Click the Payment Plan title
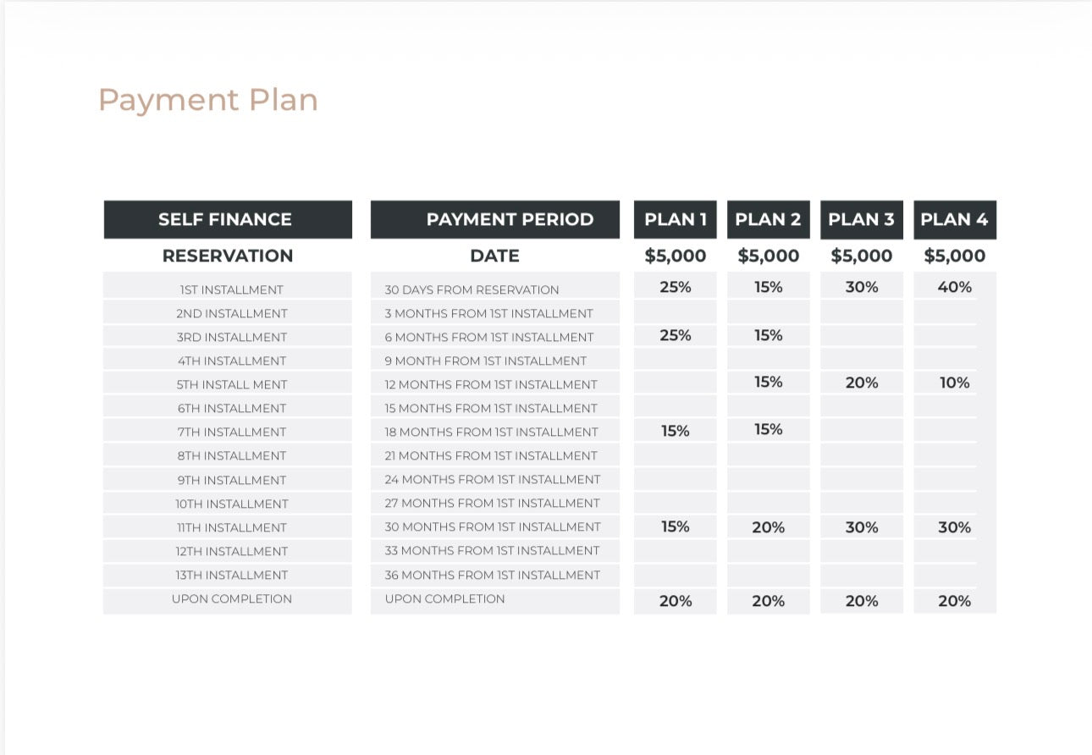tap(208, 101)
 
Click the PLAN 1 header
tap(676, 219)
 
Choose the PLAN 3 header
tap(862, 219)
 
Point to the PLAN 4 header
tap(955, 219)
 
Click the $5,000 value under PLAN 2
tap(769, 256)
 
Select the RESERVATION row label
tap(228, 256)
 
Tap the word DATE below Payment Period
tap(495, 256)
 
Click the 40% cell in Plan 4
tap(955, 287)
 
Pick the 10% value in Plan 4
tap(955, 383)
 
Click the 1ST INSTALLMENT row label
tap(232, 290)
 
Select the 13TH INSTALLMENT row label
tap(232, 576)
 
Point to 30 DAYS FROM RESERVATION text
tap(472, 290)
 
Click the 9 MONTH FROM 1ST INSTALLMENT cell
tap(485, 361)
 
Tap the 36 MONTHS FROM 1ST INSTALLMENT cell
tap(493, 576)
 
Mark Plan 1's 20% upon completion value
tap(676, 601)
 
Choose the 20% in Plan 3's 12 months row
tap(862, 383)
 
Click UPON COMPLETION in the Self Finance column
tap(232, 599)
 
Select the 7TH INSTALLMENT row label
tap(232, 433)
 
